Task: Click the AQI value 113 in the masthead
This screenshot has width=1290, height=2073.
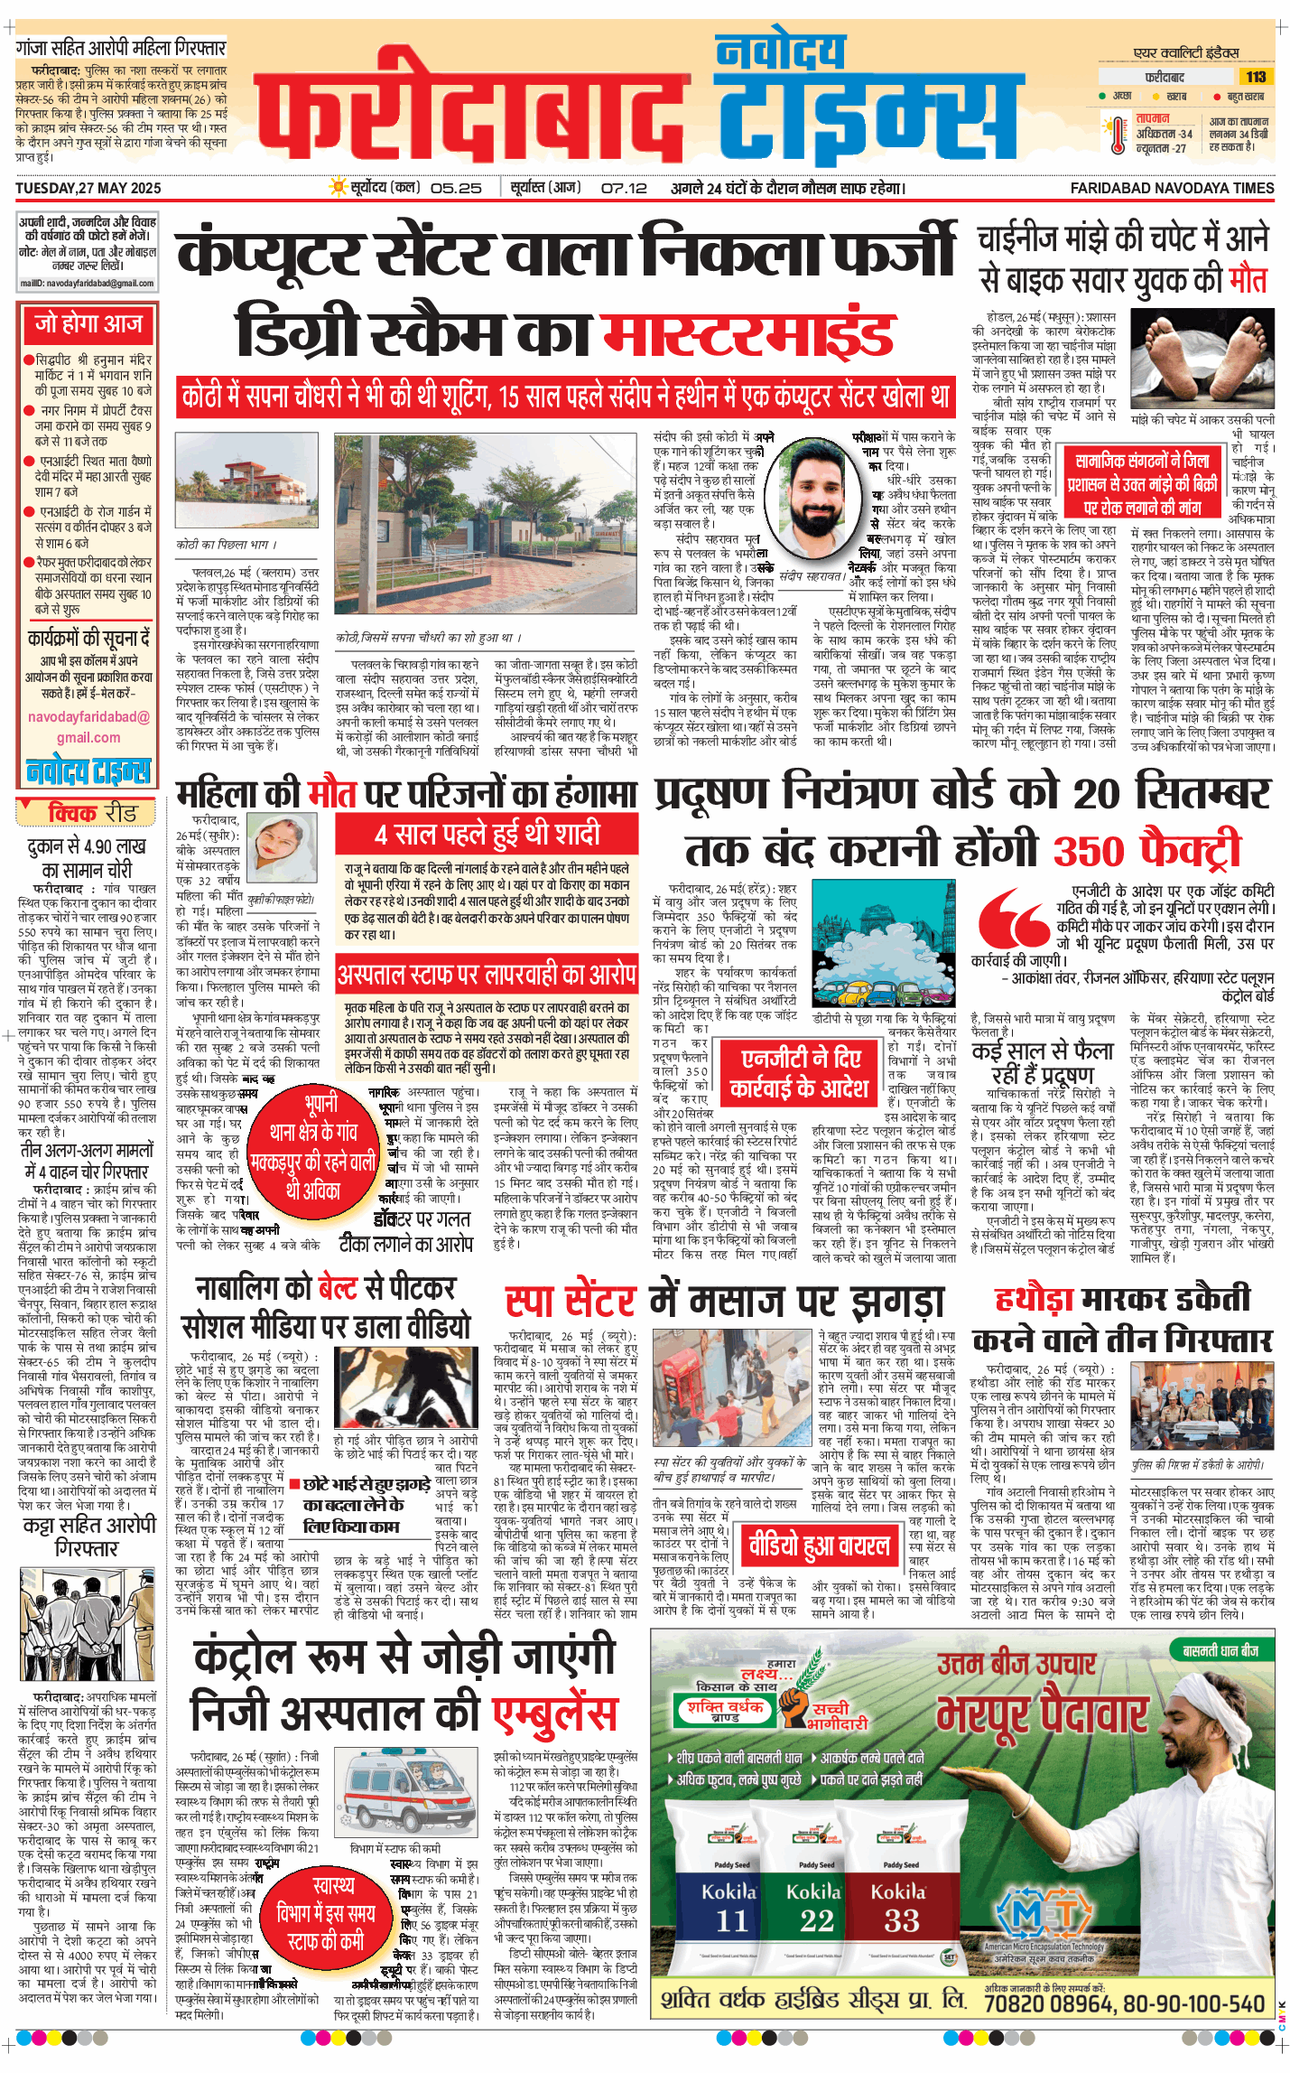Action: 1256,77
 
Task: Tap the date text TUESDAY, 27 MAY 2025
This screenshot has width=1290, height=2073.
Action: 88,188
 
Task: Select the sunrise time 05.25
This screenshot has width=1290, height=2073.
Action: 456,188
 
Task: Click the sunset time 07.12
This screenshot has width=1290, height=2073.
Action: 624,188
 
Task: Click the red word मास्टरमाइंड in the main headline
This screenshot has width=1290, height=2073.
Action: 748,334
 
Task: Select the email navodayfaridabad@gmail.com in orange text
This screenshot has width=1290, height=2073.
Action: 88,727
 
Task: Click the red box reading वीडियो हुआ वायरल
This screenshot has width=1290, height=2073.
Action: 819,1545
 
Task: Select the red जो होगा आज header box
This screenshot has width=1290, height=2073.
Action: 88,324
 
